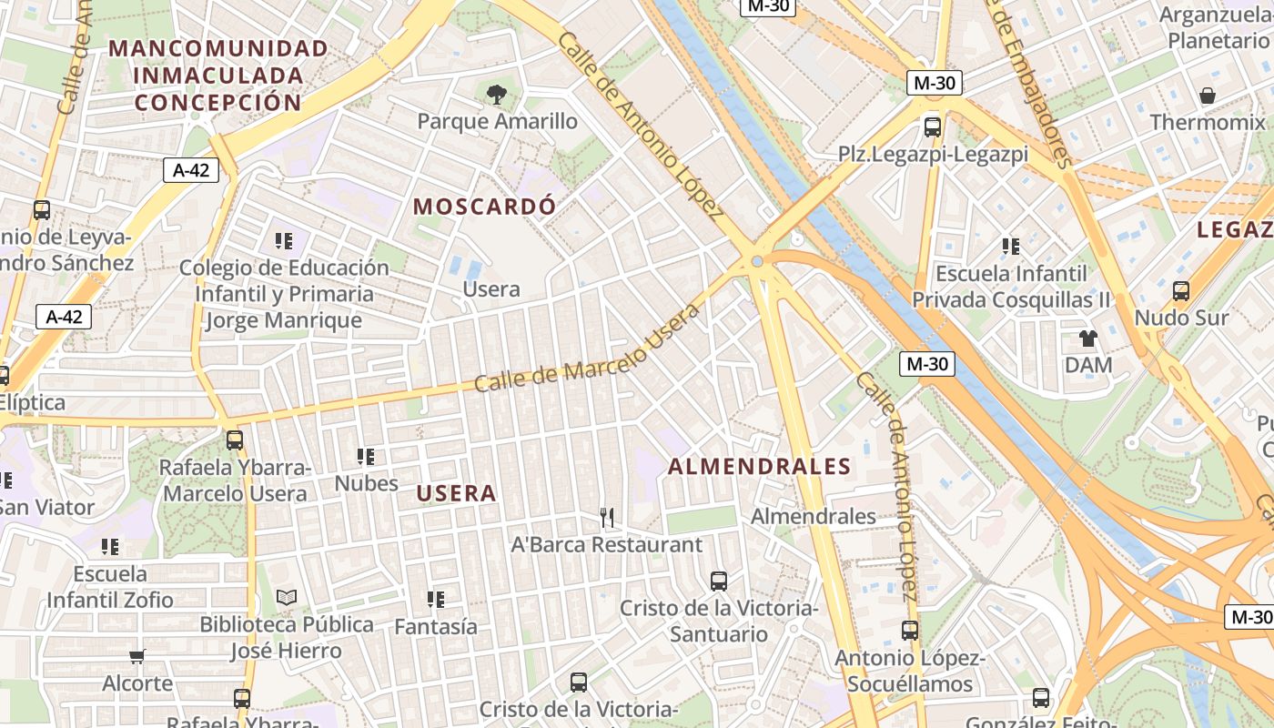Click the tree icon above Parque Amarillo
(x=496, y=93)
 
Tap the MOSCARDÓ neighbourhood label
(x=484, y=207)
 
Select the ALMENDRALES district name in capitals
(x=760, y=467)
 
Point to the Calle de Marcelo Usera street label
(x=587, y=349)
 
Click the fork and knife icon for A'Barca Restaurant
(x=607, y=518)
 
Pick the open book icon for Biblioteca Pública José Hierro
(x=287, y=598)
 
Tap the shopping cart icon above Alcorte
(x=136, y=656)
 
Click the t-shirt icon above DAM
(x=1088, y=339)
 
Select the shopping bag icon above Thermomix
(x=1208, y=96)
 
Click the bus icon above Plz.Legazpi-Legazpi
(x=933, y=127)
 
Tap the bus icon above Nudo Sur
(x=1181, y=291)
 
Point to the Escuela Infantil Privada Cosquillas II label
(x=1011, y=287)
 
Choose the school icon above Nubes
(x=366, y=457)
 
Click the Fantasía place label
(x=435, y=626)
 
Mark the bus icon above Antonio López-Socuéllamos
(x=909, y=631)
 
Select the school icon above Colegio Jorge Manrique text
(x=284, y=241)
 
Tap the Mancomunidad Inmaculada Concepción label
(x=218, y=75)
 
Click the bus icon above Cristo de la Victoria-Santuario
(x=719, y=581)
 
